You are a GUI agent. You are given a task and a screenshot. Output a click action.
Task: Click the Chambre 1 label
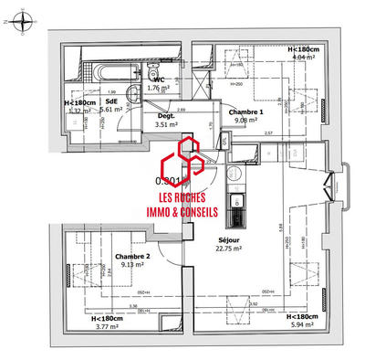point(222,111)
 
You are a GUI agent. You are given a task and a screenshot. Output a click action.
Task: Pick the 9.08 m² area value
point(222,119)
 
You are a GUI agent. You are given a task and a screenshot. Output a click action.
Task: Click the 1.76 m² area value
point(158,89)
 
